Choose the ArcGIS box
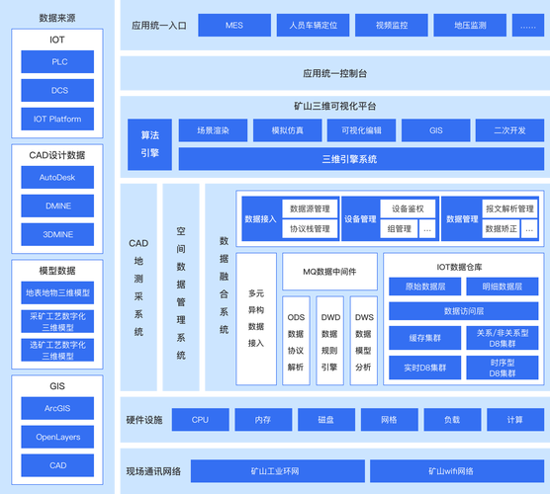click(57, 408)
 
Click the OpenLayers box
click(57, 437)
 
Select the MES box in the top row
click(233, 25)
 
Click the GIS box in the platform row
click(435, 130)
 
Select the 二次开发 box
click(508, 130)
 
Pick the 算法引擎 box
click(149, 144)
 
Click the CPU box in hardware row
click(201, 420)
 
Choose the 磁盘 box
click(324, 420)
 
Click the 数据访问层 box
click(462, 311)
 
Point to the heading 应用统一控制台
click(335, 73)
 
